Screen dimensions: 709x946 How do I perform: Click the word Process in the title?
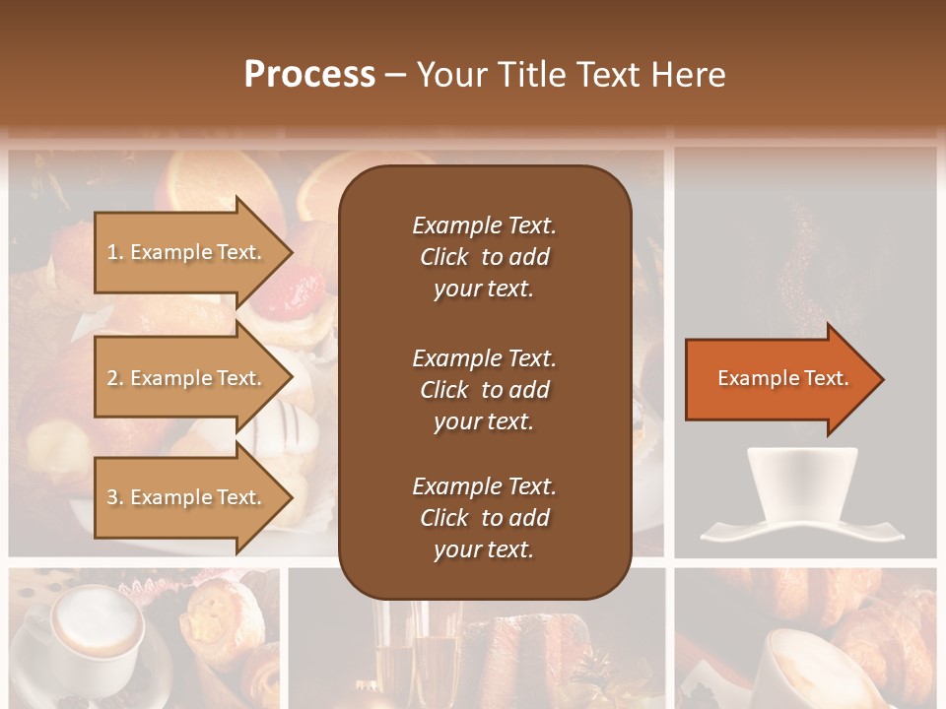pyautogui.click(x=309, y=75)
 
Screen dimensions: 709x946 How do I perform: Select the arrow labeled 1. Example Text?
pyautogui.click(x=187, y=252)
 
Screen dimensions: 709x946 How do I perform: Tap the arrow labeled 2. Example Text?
pyautogui.click(x=187, y=378)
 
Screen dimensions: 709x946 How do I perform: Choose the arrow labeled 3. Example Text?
pyautogui.click(x=187, y=497)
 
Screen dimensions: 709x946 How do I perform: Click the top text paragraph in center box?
pyautogui.click(x=484, y=257)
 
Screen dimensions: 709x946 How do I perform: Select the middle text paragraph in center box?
pyautogui.click(x=484, y=390)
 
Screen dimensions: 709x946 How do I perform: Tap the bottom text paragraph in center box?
pyautogui.click(x=484, y=518)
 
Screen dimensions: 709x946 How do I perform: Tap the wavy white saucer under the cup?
pyautogui.click(x=801, y=533)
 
